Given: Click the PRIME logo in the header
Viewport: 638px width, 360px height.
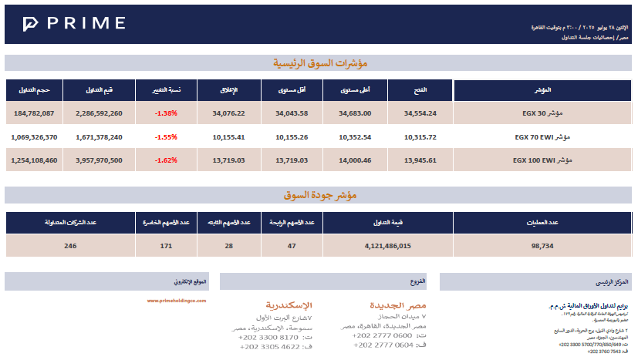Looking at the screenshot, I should click(74, 24).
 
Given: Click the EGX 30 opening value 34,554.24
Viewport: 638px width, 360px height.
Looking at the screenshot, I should click(420, 113).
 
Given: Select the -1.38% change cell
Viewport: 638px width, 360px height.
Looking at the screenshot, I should click(166, 113).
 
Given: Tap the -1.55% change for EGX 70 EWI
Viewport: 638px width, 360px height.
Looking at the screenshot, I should click(166, 137).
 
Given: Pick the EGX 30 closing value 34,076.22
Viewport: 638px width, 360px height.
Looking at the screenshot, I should click(228, 113).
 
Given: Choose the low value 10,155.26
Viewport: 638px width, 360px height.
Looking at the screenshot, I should click(292, 137).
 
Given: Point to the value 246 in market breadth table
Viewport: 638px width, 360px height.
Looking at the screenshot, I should click(71, 246).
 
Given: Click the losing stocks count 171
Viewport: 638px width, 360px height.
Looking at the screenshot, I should click(166, 246).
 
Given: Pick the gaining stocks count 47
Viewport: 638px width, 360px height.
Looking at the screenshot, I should click(292, 246).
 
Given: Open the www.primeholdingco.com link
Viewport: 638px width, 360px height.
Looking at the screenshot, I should click(177, 301).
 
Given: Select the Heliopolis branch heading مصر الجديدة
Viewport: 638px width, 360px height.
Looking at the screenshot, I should click(398, 305).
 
